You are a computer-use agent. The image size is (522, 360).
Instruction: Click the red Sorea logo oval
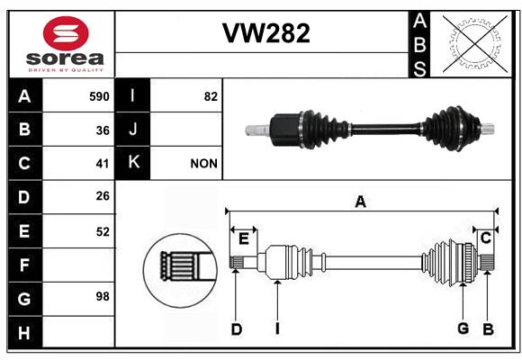(x=66, y=33)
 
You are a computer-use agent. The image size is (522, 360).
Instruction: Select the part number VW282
(x=266, y=33)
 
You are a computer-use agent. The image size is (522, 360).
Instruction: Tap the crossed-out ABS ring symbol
(x=474, y=43)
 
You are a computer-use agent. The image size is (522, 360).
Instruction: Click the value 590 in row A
(x=99, y=96)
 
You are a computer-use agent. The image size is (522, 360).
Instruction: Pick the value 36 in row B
(x=103, y=130)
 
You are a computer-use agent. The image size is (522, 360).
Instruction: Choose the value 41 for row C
(x=103, y=164)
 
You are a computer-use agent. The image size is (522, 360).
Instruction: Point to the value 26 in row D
(x=103, y=196)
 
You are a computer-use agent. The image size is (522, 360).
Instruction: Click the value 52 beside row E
(x=103, y=232)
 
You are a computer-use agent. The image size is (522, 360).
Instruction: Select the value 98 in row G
(x=103, y=296)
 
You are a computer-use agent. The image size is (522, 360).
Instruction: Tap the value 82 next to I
(x=211, y=96)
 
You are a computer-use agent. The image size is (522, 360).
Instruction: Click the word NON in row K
(x=203, y=164)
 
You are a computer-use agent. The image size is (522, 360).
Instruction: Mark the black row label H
(x=25, y=332)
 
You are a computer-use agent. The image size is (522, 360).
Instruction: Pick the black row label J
(x=132, y=129)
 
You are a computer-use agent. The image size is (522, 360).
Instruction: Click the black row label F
(x=25, y=265)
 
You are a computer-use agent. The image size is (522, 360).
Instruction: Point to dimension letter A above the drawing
(x=361, y=202)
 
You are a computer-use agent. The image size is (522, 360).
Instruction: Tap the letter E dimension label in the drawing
(x=244, y=238)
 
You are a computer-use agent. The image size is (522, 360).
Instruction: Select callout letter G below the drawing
(x=463, y=328)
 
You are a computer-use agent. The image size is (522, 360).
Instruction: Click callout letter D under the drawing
(x=237, y=329)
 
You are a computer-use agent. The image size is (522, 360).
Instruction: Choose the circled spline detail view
(x=180, y=270)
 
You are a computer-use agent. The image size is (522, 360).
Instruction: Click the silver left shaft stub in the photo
(x=257, y=130)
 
